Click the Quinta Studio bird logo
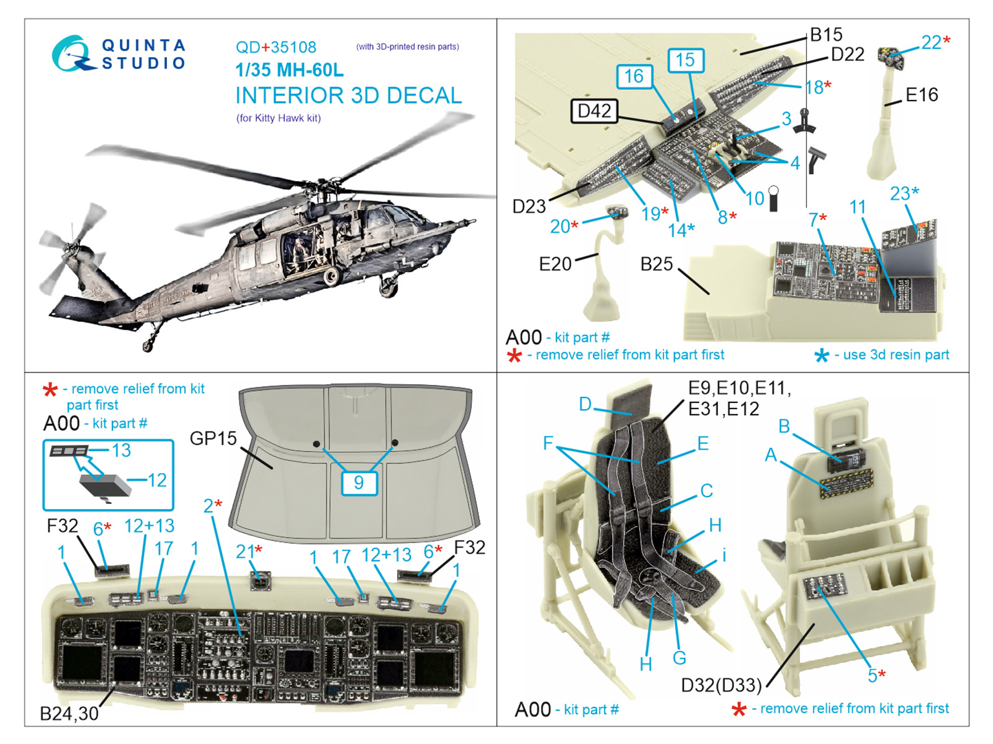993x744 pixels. point(72,53)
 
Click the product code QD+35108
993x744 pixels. point(276,47)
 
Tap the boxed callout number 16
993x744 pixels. point(634,76)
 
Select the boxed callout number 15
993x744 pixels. point(685,60)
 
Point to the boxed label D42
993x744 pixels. point(594,111)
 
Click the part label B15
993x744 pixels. point(826,35)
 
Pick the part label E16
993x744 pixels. point(922,95)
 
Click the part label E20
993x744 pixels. point(555,264)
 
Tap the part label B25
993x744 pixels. point(657,264)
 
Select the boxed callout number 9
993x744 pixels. point(359,482)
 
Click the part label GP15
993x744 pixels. point(213,438)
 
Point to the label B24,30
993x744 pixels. point(69,714)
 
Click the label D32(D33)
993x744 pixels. point(721,685)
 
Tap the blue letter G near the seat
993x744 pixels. point(680,658)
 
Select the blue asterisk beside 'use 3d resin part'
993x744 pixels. point(821,356)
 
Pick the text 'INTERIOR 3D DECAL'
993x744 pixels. point(348,95)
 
